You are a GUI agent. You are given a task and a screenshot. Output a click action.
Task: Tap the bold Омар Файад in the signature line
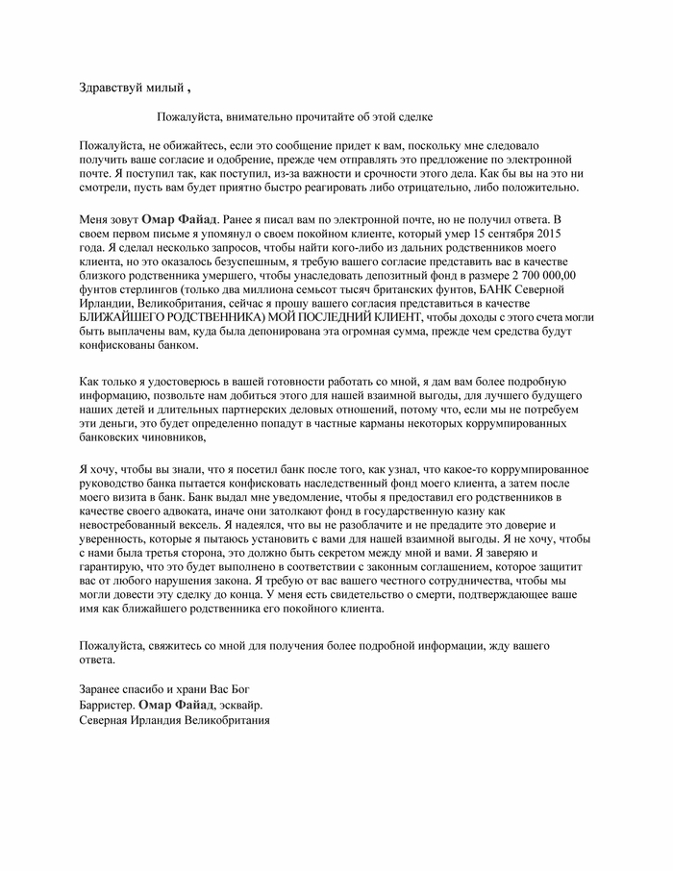[x=180, y=705]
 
